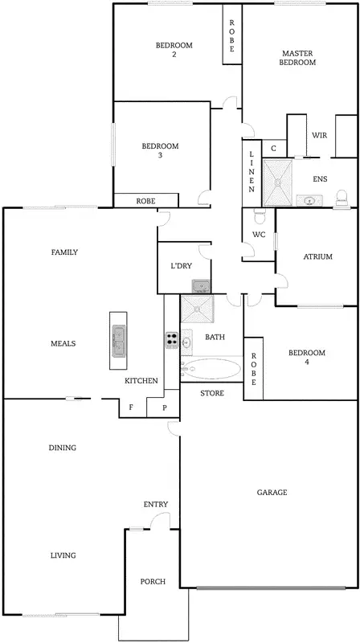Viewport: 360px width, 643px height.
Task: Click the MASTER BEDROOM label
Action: pos(297,58)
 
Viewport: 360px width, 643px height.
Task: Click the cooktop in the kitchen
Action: pos(171,340)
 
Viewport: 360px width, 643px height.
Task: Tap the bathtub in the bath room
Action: pos(211,369)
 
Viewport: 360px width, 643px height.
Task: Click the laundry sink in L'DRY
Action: pos(201,285)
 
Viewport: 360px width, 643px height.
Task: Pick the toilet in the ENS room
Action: pos(341,197)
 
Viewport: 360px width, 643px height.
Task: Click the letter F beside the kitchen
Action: pos(131,408)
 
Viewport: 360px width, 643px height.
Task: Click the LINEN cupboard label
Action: pos(252,173)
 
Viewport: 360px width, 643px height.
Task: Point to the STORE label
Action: pos(211,393)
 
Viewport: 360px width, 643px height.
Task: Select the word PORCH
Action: pos(153,581)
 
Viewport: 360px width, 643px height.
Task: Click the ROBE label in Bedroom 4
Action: pos(254,371)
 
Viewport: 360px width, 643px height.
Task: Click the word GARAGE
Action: pos(272,492)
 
